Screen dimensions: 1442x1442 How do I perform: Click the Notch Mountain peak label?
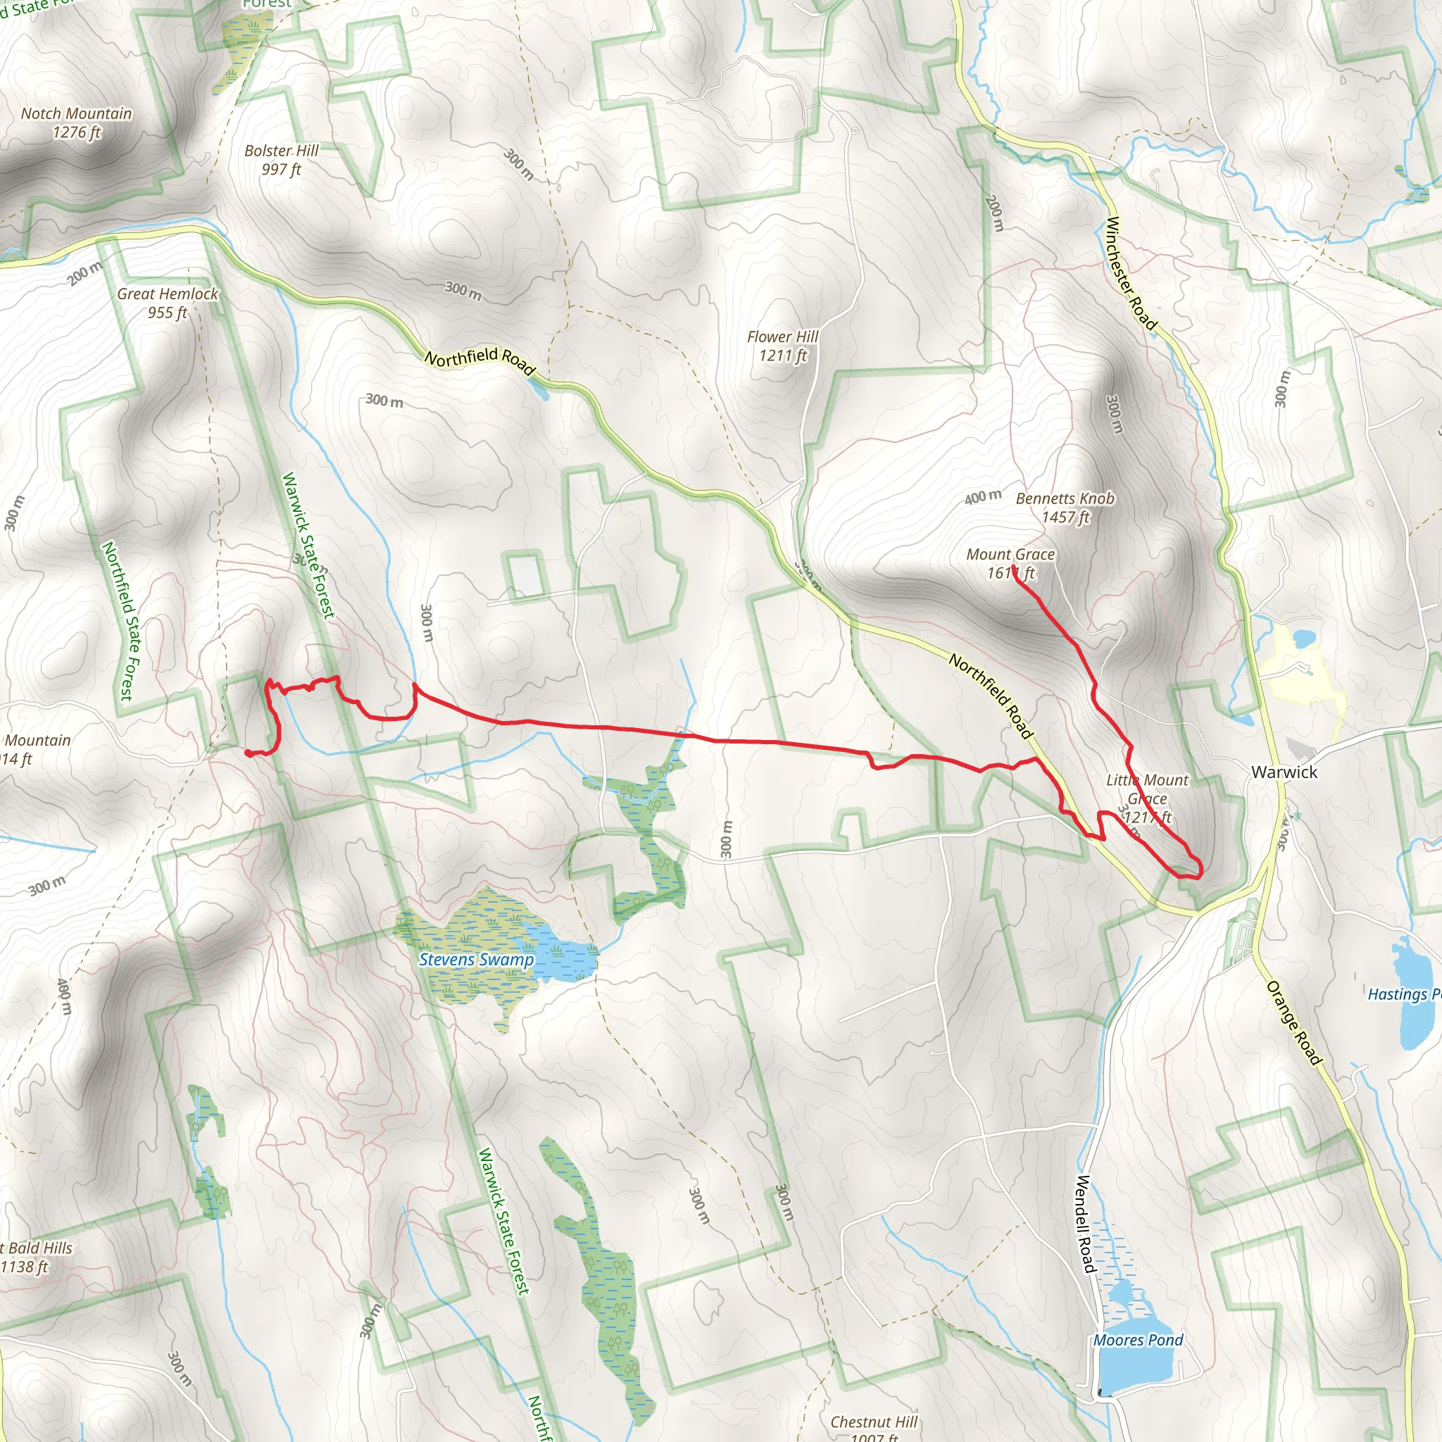(76, 123)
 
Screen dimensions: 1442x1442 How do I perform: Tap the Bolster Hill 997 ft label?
(282, 160)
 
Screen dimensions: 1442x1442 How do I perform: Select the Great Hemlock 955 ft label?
(167, 303)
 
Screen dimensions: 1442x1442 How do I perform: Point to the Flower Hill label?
(782, 346)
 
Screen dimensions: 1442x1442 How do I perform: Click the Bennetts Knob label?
(1065, 508)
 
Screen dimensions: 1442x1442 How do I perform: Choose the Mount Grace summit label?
(1010, 563)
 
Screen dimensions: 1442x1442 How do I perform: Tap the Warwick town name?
(1284, 772)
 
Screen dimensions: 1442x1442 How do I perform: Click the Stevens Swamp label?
(476, 960)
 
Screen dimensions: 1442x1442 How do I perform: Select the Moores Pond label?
(1139, 1340)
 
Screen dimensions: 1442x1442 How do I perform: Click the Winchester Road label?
(1130, 273)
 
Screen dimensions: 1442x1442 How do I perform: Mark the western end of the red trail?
(248, 753)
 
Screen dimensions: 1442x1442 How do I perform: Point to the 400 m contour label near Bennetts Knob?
(982, 496)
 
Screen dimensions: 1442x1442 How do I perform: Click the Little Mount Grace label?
(1147, 798)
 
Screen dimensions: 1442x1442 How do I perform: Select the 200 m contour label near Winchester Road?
(995, 213)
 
